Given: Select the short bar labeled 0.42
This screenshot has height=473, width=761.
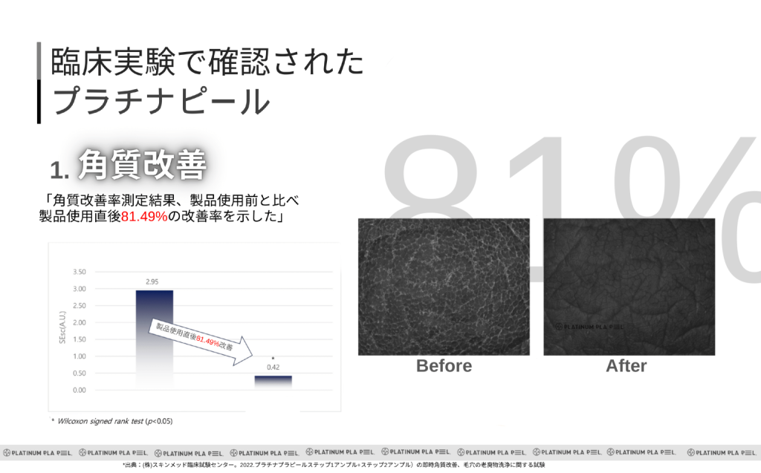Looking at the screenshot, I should pos(273,382).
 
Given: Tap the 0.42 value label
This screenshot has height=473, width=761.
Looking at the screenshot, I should pos(273,367).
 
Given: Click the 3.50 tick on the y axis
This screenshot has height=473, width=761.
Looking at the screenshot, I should pos(78,272).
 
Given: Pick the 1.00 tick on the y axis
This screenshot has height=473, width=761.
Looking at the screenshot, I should pos(78,356).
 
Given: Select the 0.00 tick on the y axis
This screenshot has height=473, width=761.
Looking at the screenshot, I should pos(78,390).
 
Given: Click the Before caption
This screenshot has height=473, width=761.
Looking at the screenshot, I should pos(444,366).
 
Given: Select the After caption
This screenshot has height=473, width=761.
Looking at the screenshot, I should pos(626,366).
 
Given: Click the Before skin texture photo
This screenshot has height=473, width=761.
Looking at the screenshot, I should pos(444,286).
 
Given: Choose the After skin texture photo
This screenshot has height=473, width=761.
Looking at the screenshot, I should pos(629,286).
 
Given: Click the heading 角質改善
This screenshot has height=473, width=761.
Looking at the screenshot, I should pos(140,165).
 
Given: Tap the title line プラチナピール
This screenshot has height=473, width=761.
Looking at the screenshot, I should pos(160,102).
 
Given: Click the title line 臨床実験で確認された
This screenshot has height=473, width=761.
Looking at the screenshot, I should pos(207,62).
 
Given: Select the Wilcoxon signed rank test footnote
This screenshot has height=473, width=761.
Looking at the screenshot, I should pos(111,421).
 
